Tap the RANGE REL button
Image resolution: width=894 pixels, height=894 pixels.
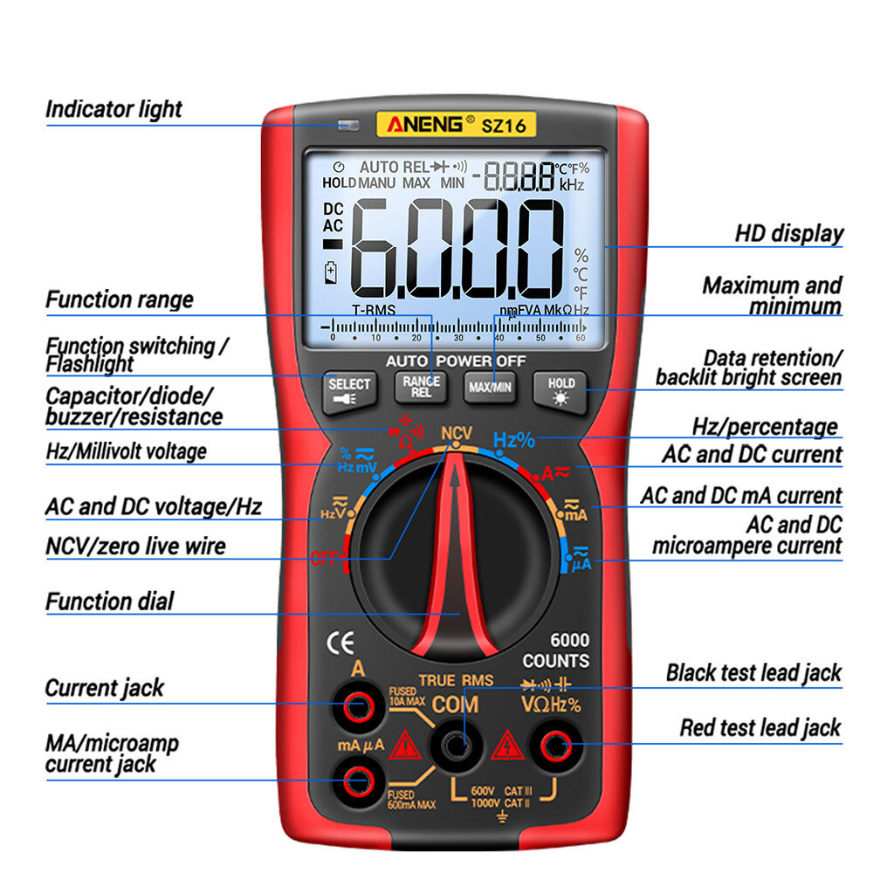(421, 387)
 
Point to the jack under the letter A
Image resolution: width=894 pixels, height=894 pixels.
(358, 708)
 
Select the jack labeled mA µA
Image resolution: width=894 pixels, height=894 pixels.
(358, 781)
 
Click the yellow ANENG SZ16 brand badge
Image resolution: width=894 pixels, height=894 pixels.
(456, 125)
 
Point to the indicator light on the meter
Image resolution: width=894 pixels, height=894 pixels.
(348, 125)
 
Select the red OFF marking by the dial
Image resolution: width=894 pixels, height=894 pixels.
(327, 556)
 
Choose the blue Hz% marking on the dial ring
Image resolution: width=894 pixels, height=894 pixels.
(513, 440)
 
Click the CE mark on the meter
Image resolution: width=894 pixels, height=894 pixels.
(340, 643)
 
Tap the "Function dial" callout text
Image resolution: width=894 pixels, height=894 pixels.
(109, 602)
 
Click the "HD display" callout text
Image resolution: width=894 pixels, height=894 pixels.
(789, 234)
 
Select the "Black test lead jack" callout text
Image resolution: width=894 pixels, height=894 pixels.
(753, 673)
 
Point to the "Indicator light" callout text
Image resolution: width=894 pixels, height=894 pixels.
(113, 110)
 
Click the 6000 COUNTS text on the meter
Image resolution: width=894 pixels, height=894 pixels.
(556, 650)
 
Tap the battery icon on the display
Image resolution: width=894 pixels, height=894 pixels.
(330, 272)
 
